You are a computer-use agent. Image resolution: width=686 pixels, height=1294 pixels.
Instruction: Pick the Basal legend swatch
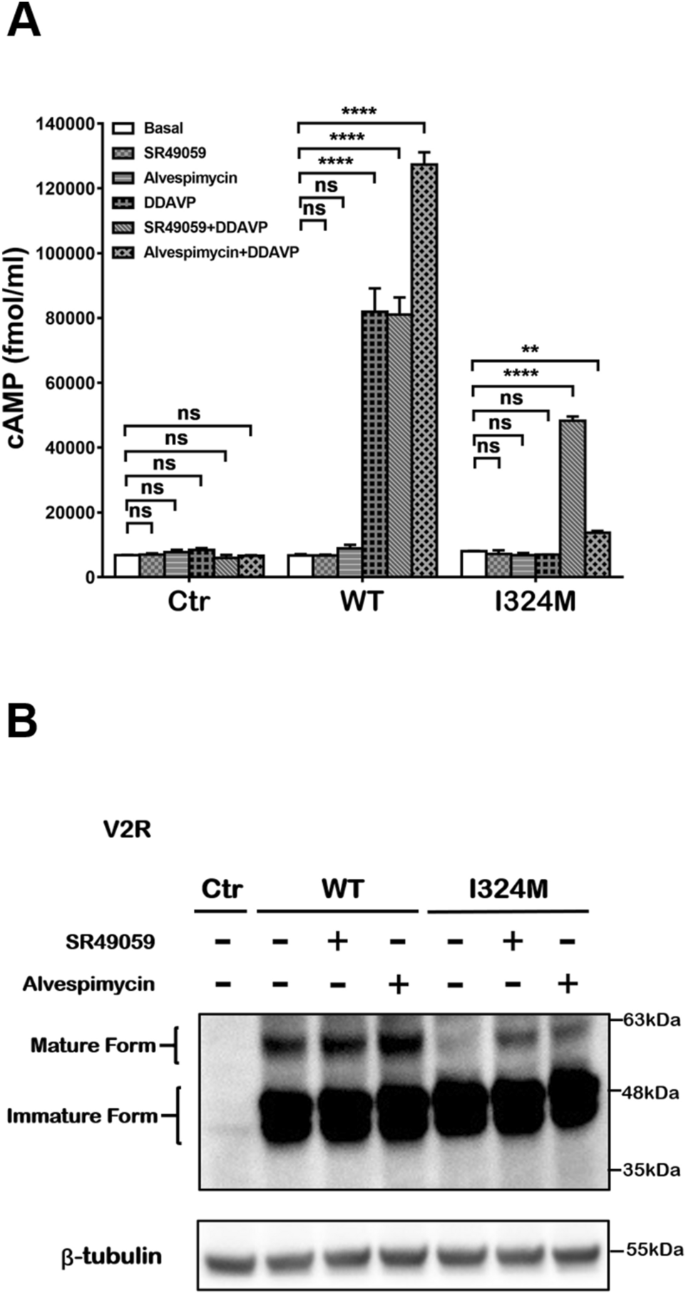tap(124, 128)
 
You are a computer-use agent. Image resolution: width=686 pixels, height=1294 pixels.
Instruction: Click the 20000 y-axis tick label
tap(70, 513)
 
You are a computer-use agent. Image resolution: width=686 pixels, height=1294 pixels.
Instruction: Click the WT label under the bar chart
tap(362, 602)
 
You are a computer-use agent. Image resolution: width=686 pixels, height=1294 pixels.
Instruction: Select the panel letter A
tap(23, 21)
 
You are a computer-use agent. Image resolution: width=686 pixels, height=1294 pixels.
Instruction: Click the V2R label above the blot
tap(126, 829)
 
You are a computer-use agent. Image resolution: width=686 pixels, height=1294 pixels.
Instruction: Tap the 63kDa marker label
tap(651, 1020)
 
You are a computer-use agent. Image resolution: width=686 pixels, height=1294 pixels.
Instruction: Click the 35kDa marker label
tap(651, 1170)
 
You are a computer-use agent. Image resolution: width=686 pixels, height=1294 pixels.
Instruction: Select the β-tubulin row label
tap(112, 1255)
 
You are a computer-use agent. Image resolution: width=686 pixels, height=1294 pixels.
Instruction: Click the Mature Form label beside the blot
tap(93, 1046)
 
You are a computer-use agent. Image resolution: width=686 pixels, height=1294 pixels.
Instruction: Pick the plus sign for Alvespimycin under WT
tap(398, 984)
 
